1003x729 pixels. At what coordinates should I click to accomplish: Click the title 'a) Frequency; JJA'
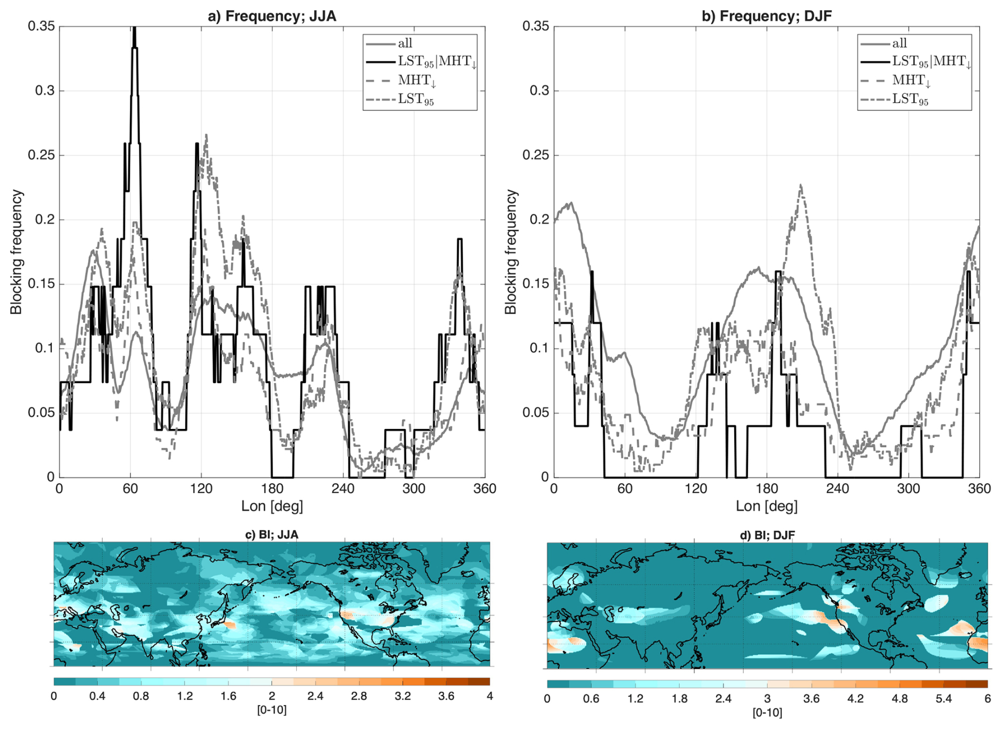tap(271, 16)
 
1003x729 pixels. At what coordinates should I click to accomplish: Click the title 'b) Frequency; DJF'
tap(766, 16)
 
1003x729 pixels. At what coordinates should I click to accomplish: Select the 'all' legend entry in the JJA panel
tap(405, 43)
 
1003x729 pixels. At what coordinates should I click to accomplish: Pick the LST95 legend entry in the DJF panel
tap(910, 99)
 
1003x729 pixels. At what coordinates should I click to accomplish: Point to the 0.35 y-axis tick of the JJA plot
tap(41, 26)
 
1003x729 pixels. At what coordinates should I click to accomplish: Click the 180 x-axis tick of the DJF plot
tap(767, 488)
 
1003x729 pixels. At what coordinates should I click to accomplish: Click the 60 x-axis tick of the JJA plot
tap(130, 488)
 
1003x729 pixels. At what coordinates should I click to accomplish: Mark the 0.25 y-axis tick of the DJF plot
tap(536, 155)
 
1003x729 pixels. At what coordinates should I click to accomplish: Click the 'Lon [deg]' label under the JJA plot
tap(272, 506)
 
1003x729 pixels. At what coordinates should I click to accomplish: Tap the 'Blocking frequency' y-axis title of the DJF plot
tap(511, 252)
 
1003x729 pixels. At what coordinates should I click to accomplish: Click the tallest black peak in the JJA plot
tap(135, 30)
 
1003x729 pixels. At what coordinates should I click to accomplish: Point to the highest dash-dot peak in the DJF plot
tap(800, 186)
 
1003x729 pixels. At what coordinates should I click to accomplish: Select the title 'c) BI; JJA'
tap(271, 534)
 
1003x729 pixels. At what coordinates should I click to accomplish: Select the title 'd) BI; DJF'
tap(767, 535)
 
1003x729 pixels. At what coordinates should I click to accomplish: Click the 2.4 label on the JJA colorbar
tap(315, 696)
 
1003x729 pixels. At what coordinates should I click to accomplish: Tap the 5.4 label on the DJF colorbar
tap(944, 699)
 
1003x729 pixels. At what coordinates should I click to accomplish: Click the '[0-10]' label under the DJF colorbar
tap(767, 713)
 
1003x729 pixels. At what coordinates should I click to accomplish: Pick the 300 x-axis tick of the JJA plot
tap(413, 488)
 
